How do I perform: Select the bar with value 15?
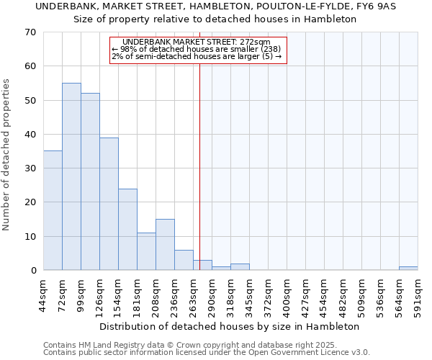click(x=165, y=245)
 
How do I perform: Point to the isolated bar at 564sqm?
click(x=408, y=269)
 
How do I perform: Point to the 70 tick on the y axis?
click(x=30, y=32)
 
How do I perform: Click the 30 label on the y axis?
click(x=30, y=168)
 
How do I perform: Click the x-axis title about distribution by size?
click(x=229, y=326)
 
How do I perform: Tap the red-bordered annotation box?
click(x=198, y=50)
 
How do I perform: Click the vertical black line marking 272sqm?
click(x=200, y=158)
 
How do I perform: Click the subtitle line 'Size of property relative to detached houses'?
click(x=215, y=19)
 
